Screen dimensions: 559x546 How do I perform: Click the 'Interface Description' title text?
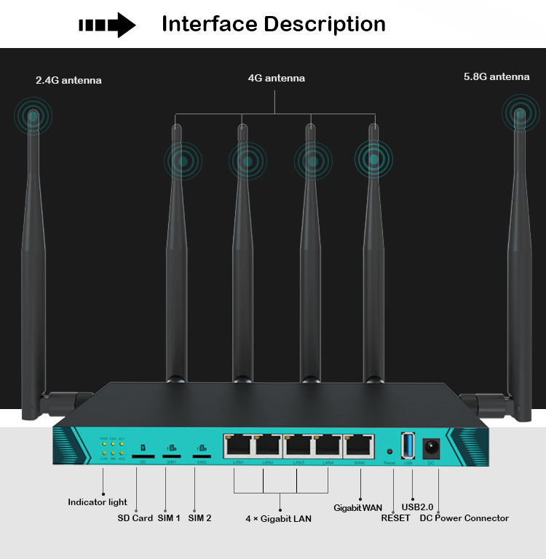tap(273, 24)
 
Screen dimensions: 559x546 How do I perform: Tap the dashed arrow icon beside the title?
tap(107, 25)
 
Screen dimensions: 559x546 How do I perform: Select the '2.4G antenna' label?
tap(68, 80)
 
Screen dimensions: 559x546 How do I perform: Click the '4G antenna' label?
tap(276, 78)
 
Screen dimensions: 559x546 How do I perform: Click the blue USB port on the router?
tap(408, 445)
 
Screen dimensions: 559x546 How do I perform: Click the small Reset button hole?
tap(389, 451)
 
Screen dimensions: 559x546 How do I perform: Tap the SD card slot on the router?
tap(143, 456)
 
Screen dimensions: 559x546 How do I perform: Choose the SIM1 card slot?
tap(172, 456)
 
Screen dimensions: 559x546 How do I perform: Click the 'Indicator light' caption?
tap(98, 502)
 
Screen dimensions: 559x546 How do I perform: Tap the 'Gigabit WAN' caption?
tap(357, 507)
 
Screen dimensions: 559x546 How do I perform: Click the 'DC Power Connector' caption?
tap(464, 518)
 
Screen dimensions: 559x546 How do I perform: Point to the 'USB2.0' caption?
tap(417, 507)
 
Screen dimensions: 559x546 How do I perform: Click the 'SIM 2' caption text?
tap(199, 518)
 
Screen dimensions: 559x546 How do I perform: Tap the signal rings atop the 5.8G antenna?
tap(520, 114)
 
